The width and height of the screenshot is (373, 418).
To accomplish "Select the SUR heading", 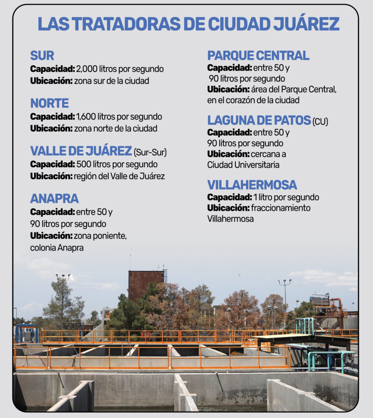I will [42, 56].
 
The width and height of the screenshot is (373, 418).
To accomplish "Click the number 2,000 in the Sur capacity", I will [86, 69].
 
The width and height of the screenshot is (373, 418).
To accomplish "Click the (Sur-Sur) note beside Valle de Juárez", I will [150, 153].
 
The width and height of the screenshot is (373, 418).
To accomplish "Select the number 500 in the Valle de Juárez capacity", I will [84, 165].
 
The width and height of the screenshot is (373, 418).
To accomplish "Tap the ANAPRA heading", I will [54, 199].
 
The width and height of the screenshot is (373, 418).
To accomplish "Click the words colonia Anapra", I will [57, 248].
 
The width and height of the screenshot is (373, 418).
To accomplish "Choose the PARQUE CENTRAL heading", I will [258, 56].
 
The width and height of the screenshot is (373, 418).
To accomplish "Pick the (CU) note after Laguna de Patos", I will [320, 122].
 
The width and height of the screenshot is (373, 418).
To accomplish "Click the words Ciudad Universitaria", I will [243, 165].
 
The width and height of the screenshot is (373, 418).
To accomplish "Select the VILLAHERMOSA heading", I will [252, 185].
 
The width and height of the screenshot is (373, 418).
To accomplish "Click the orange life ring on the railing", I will [146, 335].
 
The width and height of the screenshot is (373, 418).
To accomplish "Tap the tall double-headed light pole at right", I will [285, 292].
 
